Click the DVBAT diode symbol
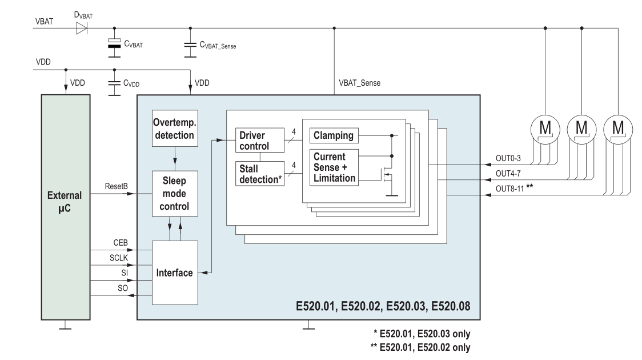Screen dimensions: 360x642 coord(81,27)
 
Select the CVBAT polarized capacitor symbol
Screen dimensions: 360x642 coord(115,43)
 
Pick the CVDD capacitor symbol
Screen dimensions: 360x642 coord(115,82)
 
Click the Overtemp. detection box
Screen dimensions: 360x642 coord(174,130)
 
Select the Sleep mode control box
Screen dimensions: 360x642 coord(174,193)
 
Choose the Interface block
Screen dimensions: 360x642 coord(174,273)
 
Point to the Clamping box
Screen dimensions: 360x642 coord(334,136)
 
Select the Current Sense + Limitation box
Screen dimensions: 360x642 coord(334,167)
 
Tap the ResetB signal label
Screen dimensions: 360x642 coord(116,186)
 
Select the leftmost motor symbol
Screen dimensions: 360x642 coord(544,126)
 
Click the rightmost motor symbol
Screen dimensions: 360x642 coord(618,126)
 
